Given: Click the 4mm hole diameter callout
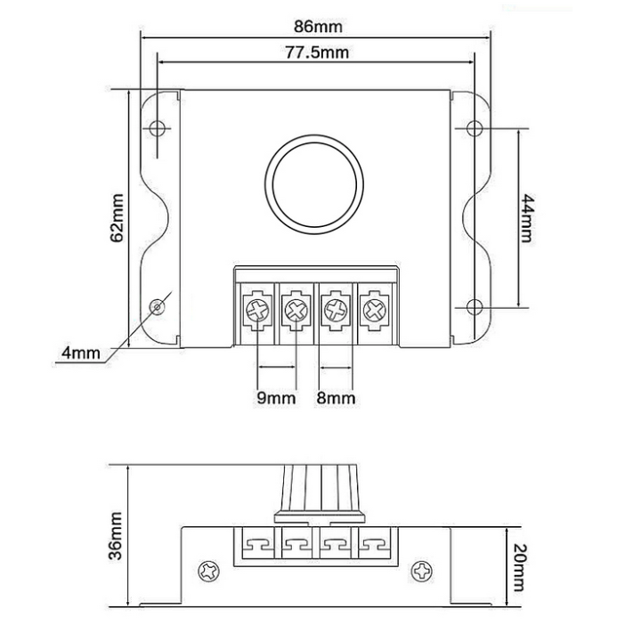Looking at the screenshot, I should coord(80,353).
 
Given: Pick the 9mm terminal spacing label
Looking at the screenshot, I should coord(275,398).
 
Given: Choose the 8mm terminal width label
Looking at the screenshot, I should coord(336,398).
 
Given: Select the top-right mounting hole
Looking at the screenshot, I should coord(475,126).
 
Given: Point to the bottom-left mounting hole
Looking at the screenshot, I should coord(158,307).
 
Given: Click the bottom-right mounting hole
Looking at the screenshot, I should coord(475,308).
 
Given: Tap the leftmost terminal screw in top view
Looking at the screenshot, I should coord(257,311).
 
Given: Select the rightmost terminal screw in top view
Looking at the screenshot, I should coord(373,311).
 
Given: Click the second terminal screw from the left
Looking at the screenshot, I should coord(296,311).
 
